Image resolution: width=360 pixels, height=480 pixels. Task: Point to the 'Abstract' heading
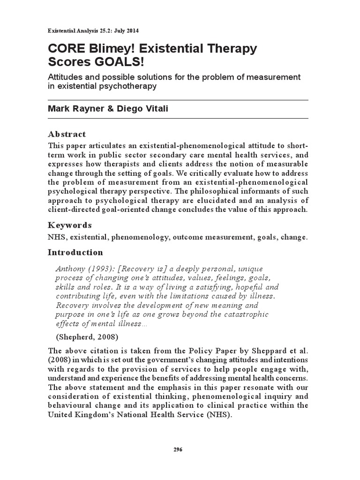(67, 134)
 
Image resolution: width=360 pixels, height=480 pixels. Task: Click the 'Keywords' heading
(70, 225)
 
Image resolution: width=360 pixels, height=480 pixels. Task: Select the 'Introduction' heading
(75, 252)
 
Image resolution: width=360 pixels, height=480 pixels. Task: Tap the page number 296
(178, 449)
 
